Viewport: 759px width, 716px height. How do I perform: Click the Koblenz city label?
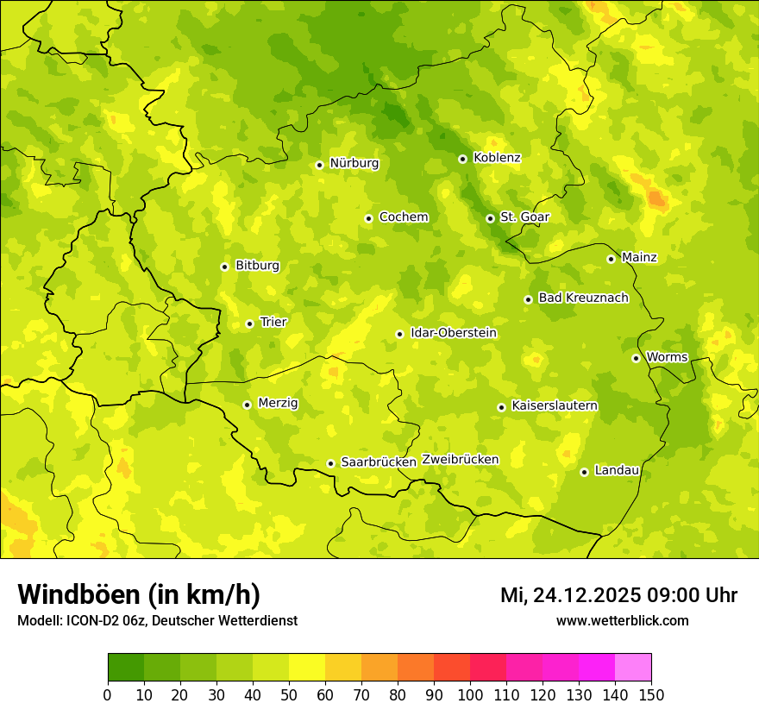[x=497, y=158]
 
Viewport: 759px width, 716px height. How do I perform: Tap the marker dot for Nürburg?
[x=319, y=165]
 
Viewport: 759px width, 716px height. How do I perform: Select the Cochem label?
[x=404, y=217]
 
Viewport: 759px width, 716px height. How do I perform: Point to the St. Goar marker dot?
[x=490, y=218]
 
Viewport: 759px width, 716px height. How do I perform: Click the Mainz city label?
[x=639, y=258]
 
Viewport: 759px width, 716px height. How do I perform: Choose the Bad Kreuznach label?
[x=583, y=298]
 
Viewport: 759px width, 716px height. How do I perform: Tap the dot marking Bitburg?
[x=224, y=267]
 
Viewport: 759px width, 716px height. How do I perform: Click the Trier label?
[x=273, y=323]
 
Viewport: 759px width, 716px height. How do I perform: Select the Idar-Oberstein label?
[x=454, y=333]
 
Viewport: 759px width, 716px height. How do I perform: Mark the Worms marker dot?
[x=636, y=358]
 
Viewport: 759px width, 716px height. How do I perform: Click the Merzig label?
[x=279, y=404]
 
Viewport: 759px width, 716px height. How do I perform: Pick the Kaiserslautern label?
[x=555, y=406]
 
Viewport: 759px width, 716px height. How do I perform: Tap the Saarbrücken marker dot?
[x=330, y=463]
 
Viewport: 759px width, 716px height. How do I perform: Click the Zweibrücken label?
[x=461, y=460]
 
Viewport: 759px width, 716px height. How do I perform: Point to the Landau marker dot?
[x=584, y=472]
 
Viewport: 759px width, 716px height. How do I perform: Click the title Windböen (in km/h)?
[x=139, y=594]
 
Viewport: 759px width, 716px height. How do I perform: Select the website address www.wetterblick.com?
[x=622, y=620]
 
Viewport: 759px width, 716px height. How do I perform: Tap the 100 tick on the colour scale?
[x=470, y=694]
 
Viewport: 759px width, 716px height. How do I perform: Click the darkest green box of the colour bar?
[x=126, y=667]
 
